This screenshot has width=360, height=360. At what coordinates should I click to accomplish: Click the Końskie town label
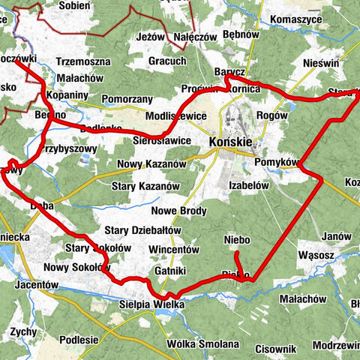click(231, 142)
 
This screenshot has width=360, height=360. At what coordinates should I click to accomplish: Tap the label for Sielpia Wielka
click(151, 305)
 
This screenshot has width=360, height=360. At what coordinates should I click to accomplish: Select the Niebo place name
click(237, 240)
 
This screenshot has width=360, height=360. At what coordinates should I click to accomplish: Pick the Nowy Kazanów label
click(152, 163)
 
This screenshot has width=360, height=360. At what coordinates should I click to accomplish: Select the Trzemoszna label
click(82, 62)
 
